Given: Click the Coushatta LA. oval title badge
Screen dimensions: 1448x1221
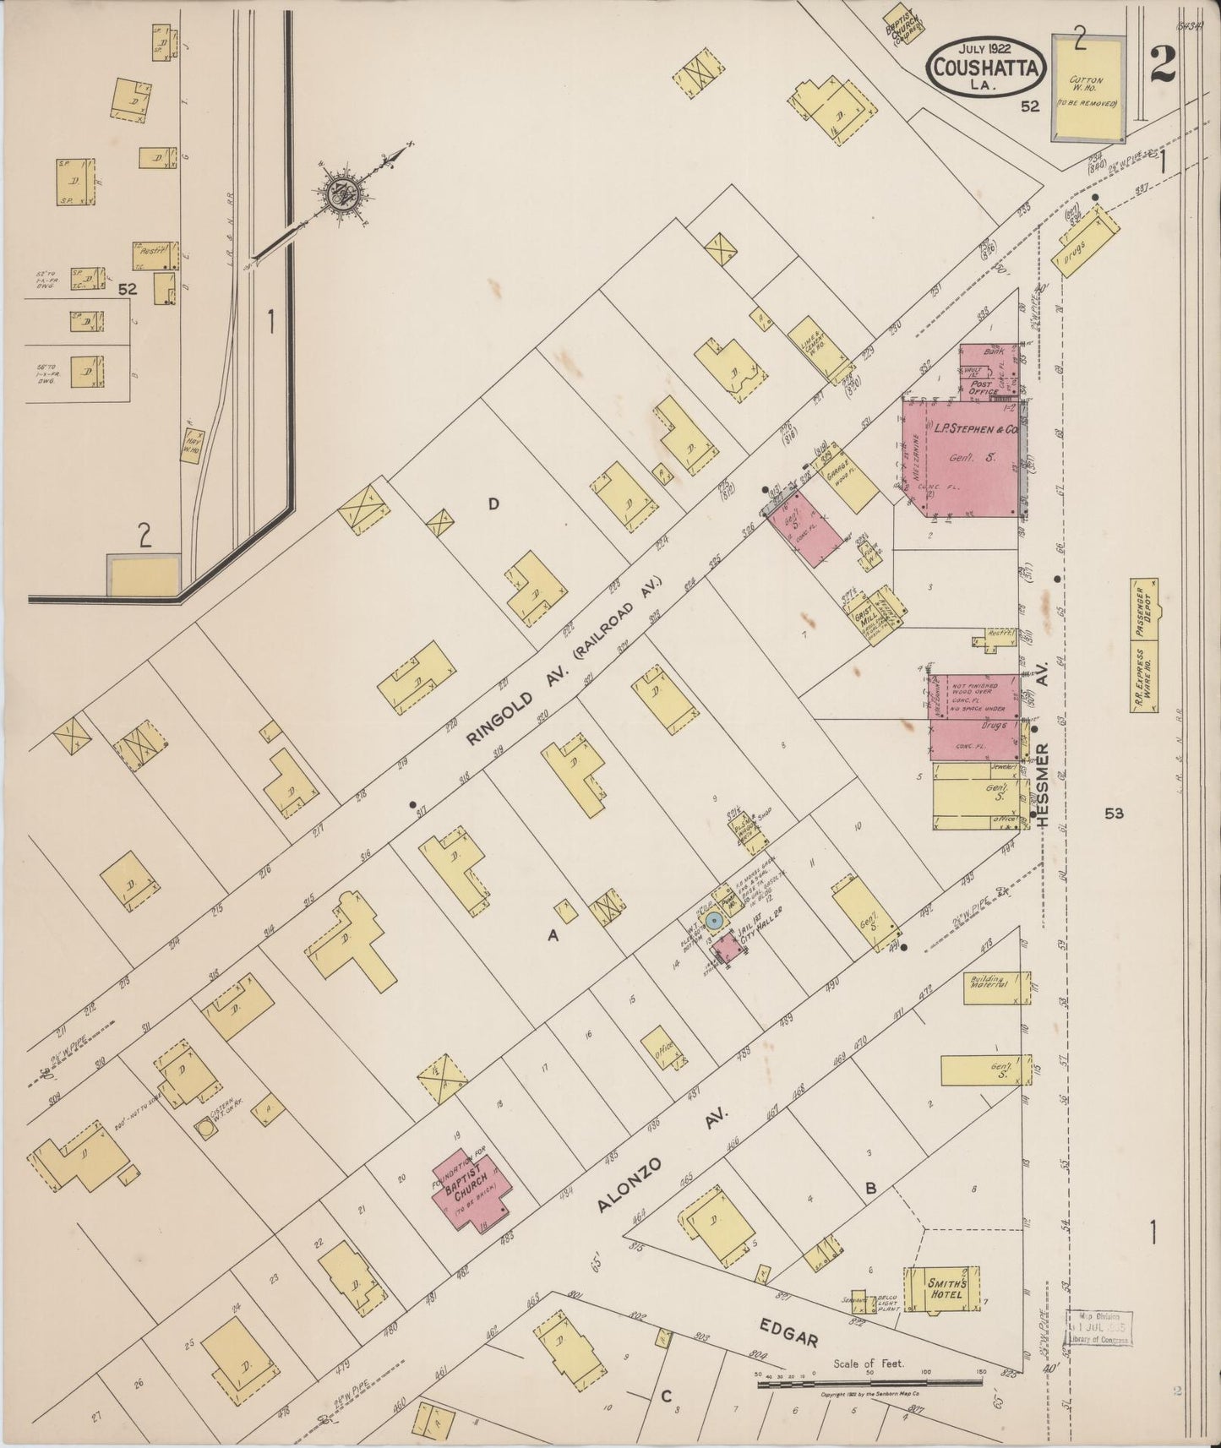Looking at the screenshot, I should coord(986,67).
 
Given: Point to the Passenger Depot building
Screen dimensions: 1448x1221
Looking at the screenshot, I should coord(1144,612).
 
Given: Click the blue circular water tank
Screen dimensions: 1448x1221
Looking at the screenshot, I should coord(714,921).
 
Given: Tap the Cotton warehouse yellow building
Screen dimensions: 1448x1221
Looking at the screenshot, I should coord(1087,88).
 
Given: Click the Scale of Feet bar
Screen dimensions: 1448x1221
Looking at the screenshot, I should coord(869,1384).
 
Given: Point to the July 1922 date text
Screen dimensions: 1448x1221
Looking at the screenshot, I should coord(986,46).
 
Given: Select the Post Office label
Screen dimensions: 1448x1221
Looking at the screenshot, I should coord(980,387).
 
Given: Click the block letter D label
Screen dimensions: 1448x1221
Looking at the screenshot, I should coord(493,504).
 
